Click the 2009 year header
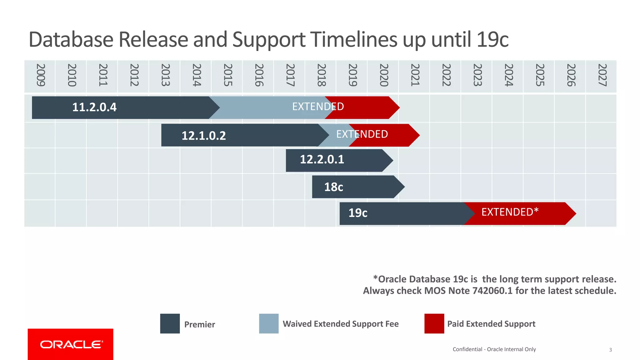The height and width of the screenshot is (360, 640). tap(41, 75)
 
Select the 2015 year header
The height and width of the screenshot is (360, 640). tap(228, 75)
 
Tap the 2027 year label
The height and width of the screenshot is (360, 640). tap(602, 75)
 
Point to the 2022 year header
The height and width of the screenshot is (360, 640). tap(446, 75)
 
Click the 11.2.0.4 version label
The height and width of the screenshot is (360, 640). tap(94, 107)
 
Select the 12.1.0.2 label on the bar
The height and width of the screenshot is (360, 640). tap(204, 136)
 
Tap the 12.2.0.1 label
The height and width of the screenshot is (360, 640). tap(322, 160)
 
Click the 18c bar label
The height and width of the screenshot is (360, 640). tap(333, 187)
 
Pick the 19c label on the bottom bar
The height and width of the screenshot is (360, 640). tap(358, 213)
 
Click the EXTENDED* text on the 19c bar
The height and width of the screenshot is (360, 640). tap(510, 212)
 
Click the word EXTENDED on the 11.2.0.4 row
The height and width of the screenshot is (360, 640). tap(318, 107)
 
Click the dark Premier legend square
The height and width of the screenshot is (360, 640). tap(170, 323)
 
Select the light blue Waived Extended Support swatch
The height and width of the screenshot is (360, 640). tap(269, 323)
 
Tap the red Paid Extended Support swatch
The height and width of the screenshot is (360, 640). tap(434, 323)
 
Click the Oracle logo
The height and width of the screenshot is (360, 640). tap(71, 344)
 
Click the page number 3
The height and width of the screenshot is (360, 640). tap(610, 350)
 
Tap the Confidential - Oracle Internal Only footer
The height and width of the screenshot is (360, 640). tap(494, 349)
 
